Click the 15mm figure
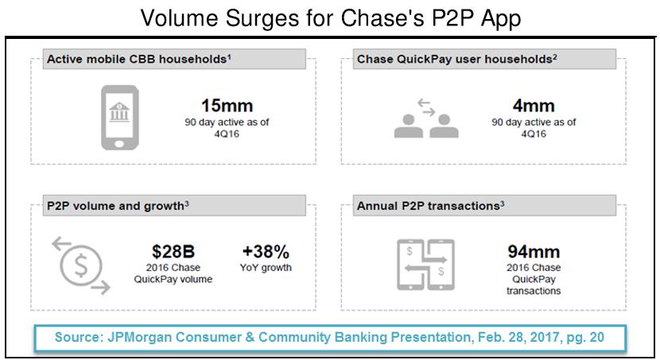(227, 106)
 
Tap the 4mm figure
(534, 106)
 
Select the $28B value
(173, 251)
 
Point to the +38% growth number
(266, 251)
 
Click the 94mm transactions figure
(534, 251)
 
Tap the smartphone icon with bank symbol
(120, 118)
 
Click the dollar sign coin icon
(81, 265)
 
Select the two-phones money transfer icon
(425, 265)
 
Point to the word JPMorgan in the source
(139, 337)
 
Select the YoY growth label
(266, 268)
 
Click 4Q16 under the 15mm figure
(227, 134)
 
